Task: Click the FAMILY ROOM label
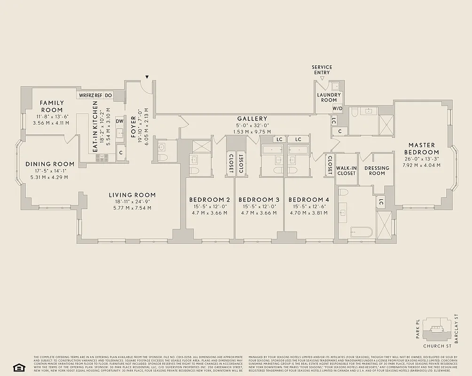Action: (51, 106)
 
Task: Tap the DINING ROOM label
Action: (50, 164)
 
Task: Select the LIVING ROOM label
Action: (132, 195)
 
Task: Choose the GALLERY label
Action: (252, 119)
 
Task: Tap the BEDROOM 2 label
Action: (209, 199)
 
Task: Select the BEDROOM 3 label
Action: (259, 199)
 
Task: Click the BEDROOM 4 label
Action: (308, 199)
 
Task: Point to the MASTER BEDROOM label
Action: (421, 149)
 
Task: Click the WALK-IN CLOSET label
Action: (346, 171)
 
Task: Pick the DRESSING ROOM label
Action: (377, 171)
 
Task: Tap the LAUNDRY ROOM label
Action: (329, 97)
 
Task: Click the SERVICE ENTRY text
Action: (322, 70)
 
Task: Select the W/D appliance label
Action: (337, 108)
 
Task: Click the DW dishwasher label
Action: (119, 121)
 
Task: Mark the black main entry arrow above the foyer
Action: (147, 77)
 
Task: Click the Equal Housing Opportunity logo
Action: (18, 367)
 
